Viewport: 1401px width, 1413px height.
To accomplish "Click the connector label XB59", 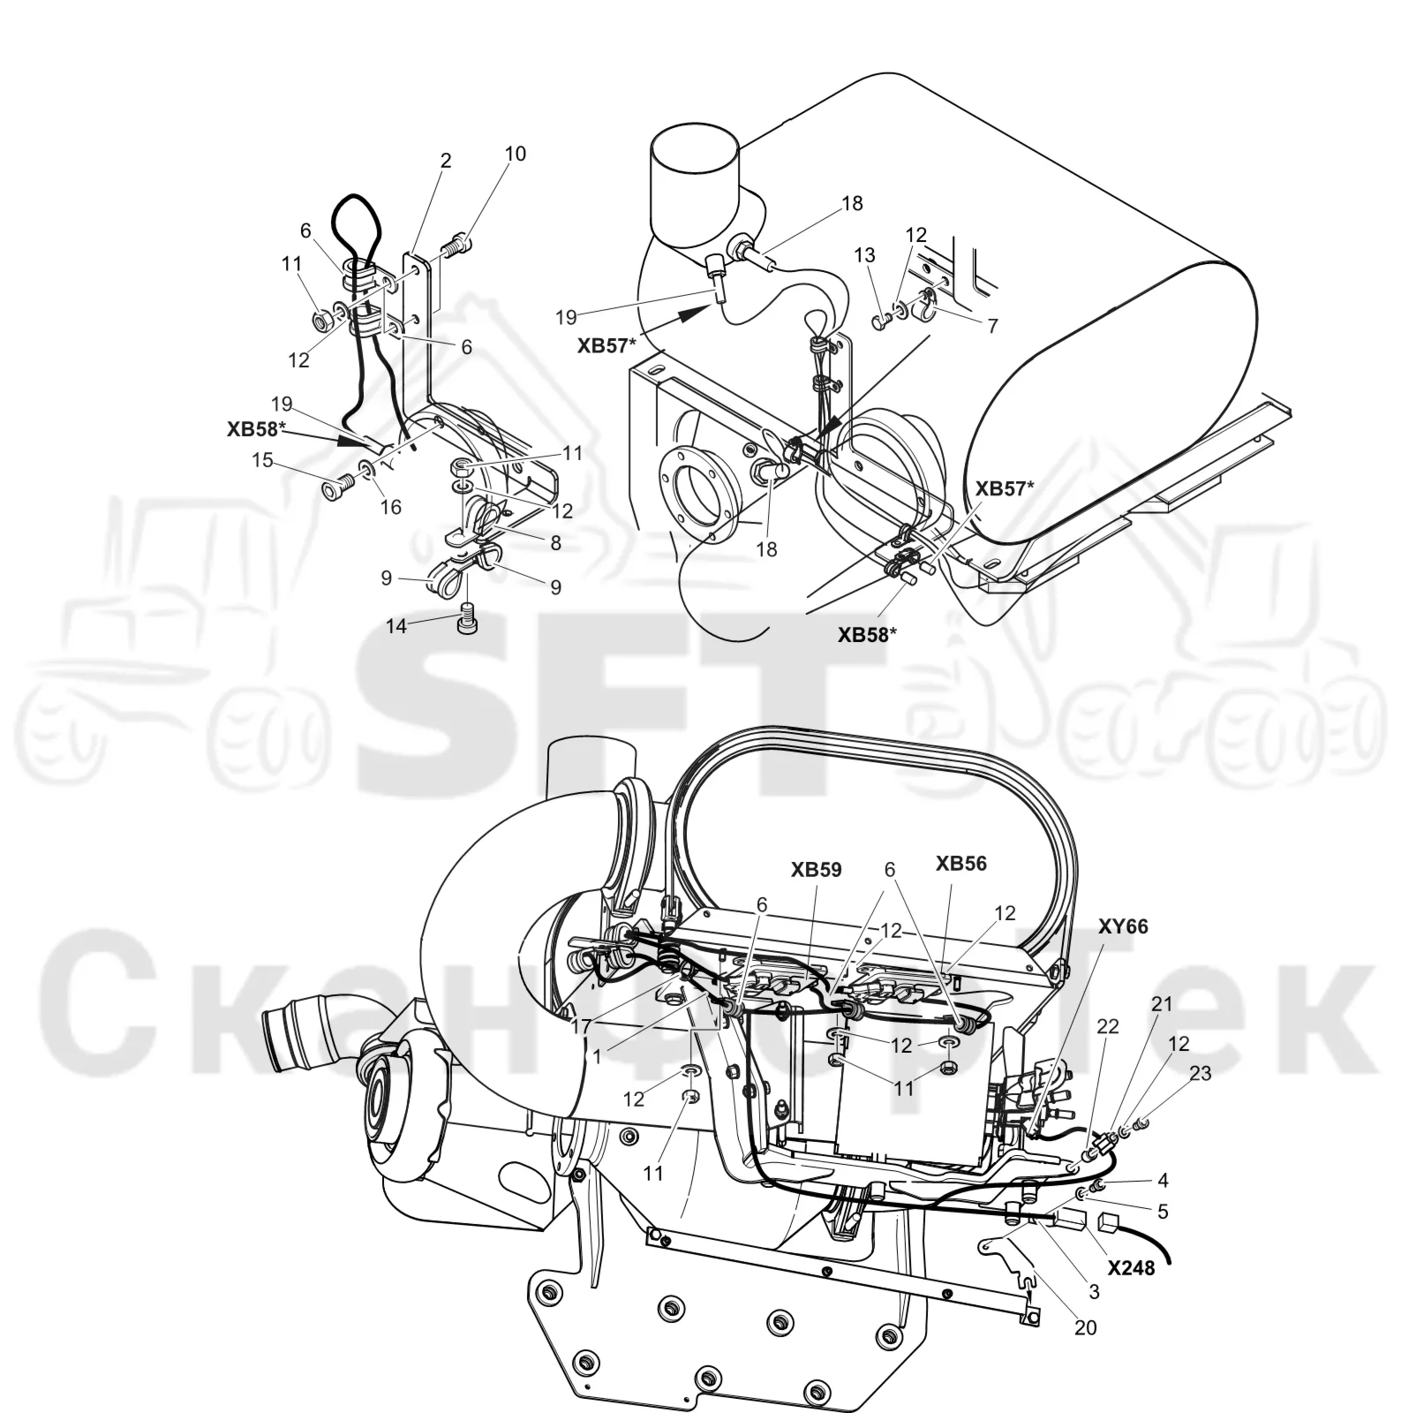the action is coord(816,870).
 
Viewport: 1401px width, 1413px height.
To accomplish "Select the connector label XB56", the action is coord(961,864).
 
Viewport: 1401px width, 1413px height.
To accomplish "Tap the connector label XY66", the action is coord(1123,926).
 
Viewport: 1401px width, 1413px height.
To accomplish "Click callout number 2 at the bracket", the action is coord(446,160).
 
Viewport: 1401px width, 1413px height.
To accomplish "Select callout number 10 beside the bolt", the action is coord(516,154).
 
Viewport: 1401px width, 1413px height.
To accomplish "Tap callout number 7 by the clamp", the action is coord(992,326).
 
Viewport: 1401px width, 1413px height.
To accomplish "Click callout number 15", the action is coord(262,460).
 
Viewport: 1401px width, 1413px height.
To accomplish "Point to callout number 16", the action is coord(390,507).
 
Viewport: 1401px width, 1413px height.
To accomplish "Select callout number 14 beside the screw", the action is coord(396,626).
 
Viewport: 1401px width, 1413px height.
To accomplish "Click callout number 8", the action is coord(555,543).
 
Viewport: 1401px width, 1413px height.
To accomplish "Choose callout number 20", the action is coord(1086,1327).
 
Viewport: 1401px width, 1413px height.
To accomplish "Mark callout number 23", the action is coord(1201,1074).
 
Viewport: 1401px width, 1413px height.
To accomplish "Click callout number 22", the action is coord(1107,1026).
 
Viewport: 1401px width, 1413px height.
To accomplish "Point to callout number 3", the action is coord(1094,1291).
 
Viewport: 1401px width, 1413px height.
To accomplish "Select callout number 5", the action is coord(1163,1212).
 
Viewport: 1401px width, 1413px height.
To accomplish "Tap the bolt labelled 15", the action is coord(339,484).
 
